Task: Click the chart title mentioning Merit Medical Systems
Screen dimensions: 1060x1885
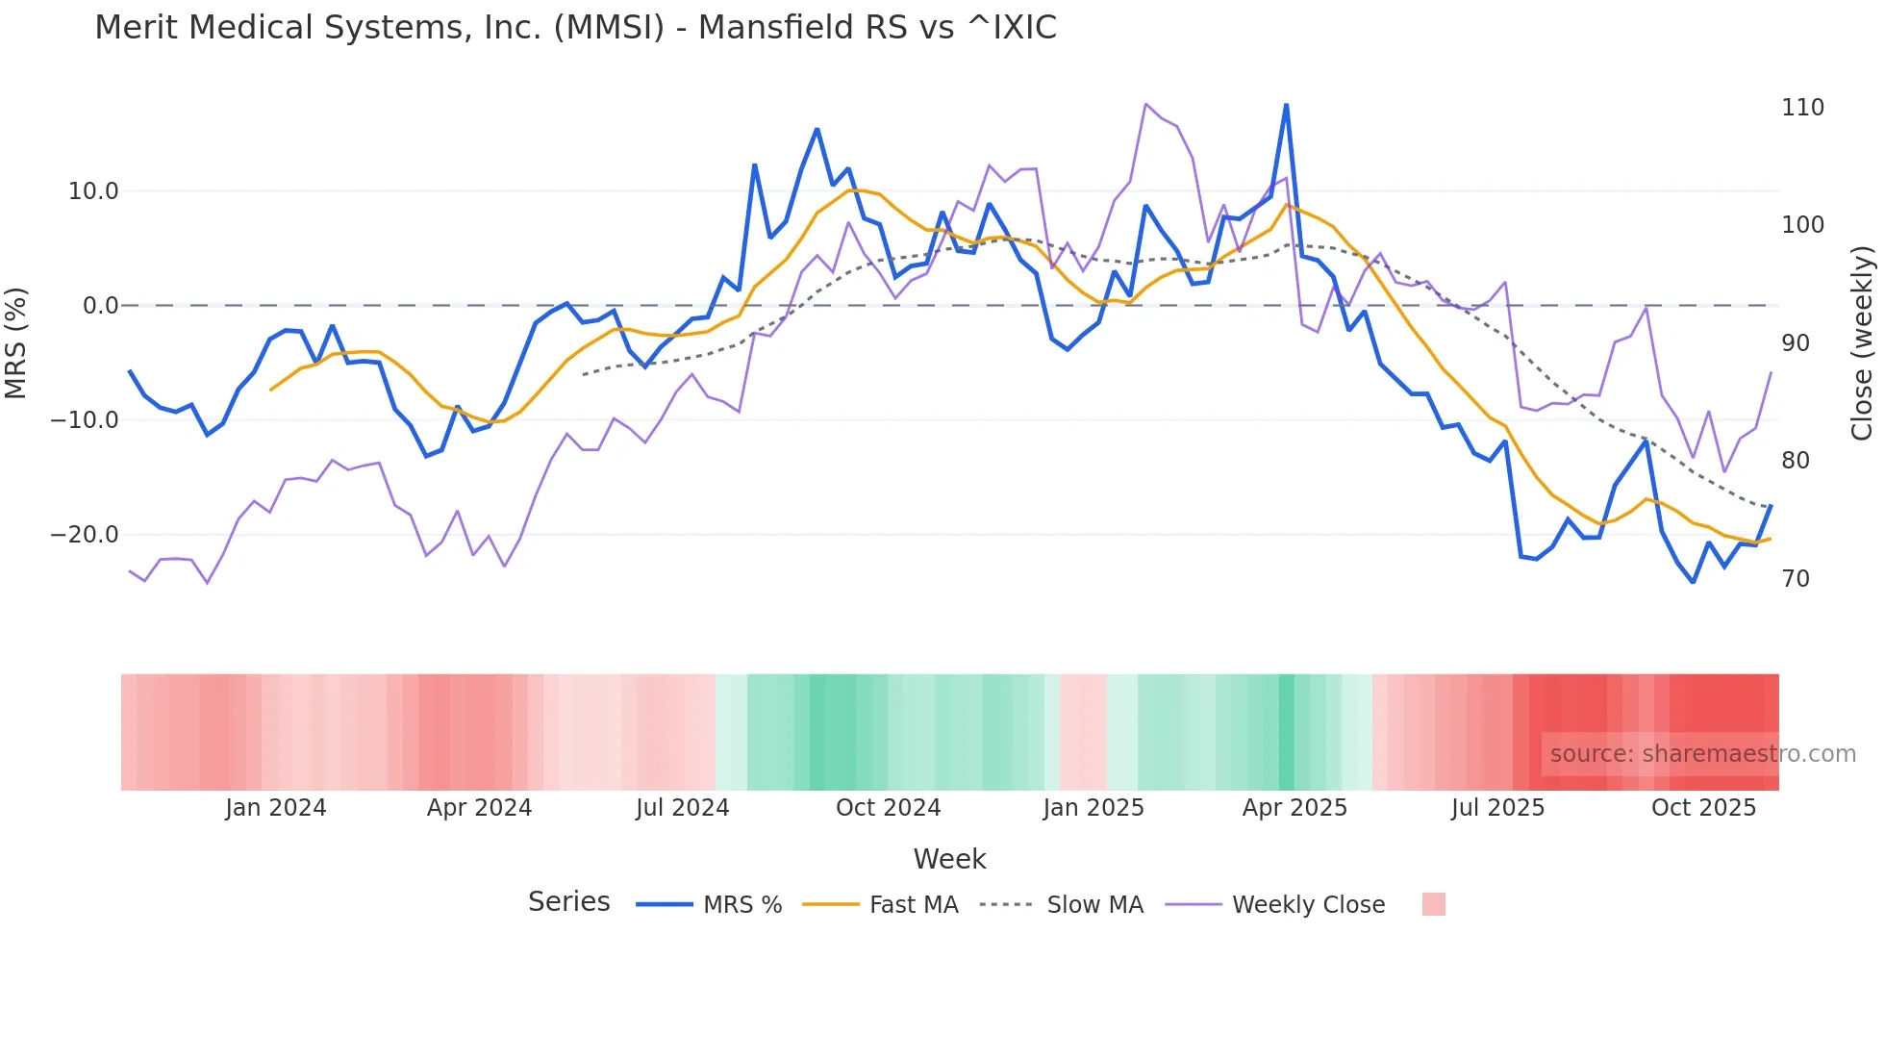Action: (575, 28)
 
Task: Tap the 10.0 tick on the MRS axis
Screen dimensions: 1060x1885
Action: (93, 191)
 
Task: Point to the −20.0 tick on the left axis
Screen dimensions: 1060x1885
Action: (85, 535)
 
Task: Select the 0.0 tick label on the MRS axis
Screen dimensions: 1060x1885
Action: (101, 306)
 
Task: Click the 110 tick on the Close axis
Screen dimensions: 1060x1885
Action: (1802, 108)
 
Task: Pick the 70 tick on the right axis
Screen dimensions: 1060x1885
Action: (1796, 579)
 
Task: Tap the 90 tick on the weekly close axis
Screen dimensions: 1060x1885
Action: (1796, 343)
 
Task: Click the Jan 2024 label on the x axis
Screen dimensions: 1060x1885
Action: (276, 808)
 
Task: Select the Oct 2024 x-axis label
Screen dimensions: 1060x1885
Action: (888, 808)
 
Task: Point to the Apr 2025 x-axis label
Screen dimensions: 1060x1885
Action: (1294, 808)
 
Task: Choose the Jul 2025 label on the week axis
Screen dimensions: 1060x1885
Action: (1497, 808)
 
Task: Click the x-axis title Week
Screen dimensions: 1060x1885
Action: (949, 859)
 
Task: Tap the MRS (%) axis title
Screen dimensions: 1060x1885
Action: (16, 343)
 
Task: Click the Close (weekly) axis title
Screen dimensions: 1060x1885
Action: (1863, 343)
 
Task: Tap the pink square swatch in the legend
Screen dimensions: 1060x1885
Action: (1434, 904)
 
